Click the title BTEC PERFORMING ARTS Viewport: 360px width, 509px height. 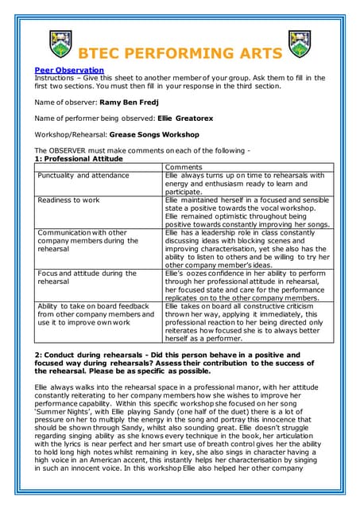[180, 54]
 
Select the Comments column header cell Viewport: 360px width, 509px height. [183, 167]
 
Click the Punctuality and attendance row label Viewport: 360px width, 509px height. [83, 175]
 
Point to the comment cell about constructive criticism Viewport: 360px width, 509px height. [249, 322]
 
